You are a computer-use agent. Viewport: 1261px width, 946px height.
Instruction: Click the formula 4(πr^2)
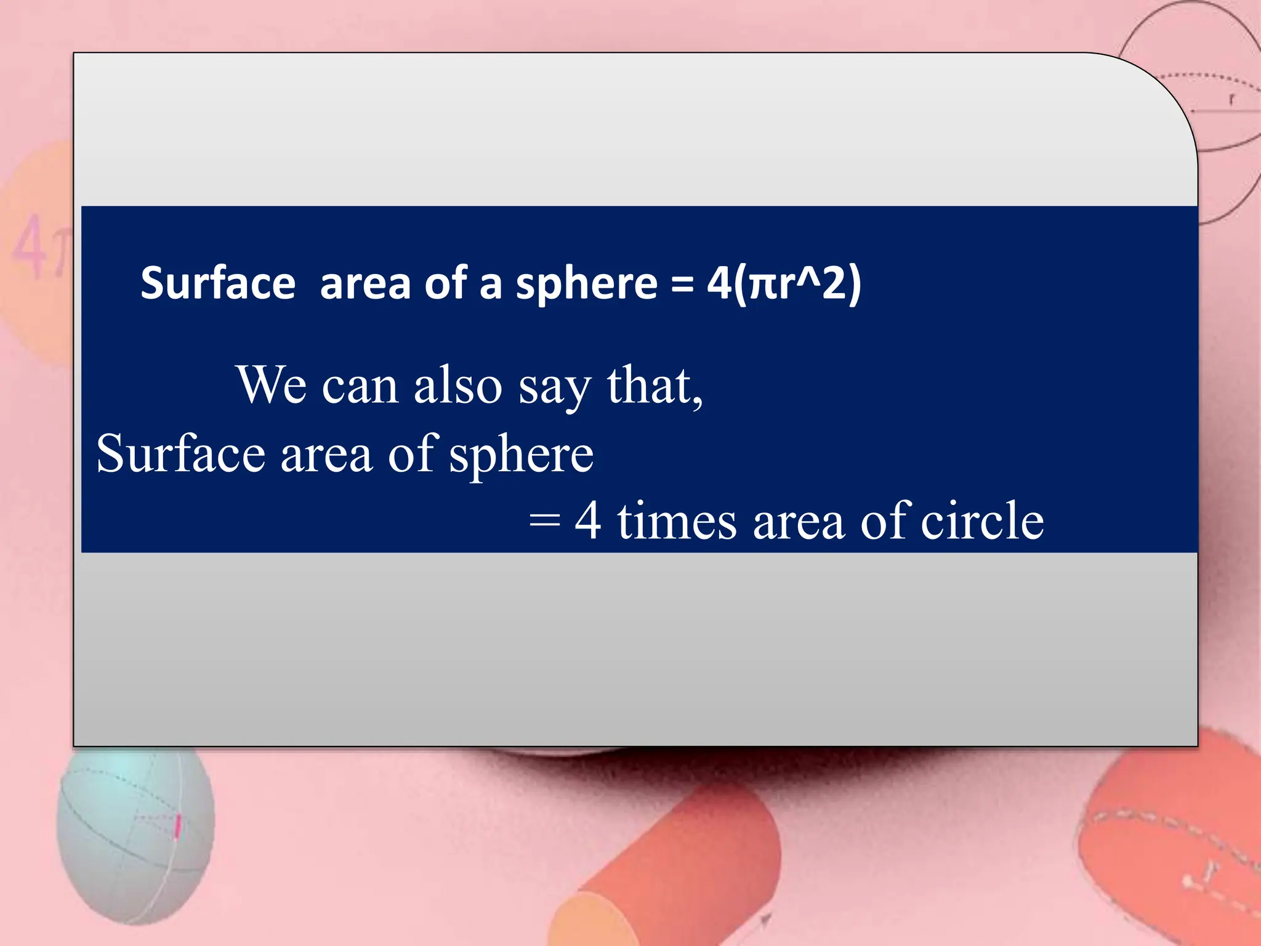[784, 284]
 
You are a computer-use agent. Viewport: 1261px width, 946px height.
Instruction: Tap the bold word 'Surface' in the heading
[218, 284]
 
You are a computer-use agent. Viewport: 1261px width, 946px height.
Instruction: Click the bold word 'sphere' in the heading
[587, 285]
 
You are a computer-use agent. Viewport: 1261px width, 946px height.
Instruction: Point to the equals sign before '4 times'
[544, 522]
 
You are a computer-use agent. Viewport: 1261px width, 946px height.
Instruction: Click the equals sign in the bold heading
[682, 285]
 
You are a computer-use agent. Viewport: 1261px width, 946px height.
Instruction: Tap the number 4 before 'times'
[587, 521]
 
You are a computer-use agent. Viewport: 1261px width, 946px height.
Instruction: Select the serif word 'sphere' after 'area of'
[521, 456]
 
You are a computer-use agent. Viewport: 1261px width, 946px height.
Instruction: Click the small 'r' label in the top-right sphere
[1231, 99]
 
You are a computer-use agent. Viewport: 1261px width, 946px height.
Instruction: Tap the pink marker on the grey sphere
[177, 827]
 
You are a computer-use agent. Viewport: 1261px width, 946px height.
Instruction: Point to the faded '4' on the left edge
[28, 246]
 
